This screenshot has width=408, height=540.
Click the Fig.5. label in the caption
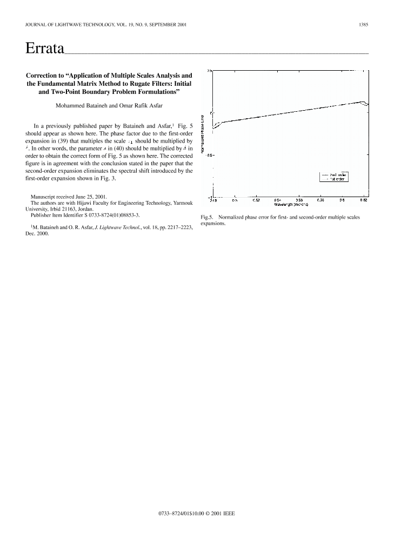coord(208,218)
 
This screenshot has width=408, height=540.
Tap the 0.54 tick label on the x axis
coord(277,200)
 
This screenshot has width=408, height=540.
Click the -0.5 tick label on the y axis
coord(208,154)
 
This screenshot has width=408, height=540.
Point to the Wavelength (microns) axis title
coord(291,205)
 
